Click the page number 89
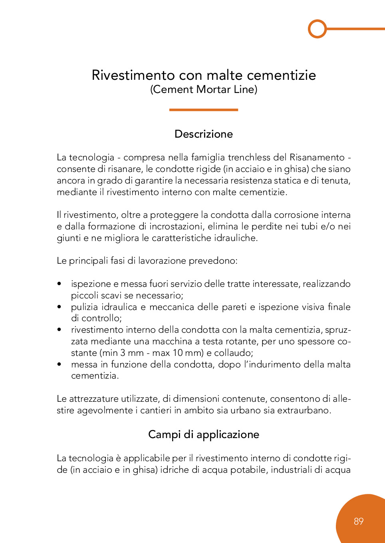click(x=358, y=521)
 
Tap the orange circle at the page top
click(x=318, y=29)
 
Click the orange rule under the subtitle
click(x=203, y=110)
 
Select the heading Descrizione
click(x=203, y=134)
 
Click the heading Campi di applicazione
click(x=203, y=434)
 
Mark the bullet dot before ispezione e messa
click(x=59, y=284)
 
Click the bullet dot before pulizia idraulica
click(x=59, y=307)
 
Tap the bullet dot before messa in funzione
click(x=59, y=364)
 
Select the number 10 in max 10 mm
click(x=178, y=353)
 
